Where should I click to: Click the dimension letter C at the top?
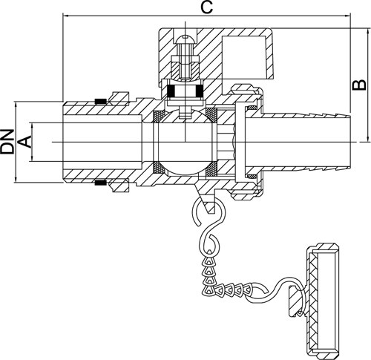pyautogui.click(x=206, y=7)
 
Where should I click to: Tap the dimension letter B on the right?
pyautogui.click(x=359, y=85)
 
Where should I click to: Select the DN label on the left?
pyautogui.click(x=7, y=142)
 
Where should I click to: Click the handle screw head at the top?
pyautogui.click(x=185, y=39)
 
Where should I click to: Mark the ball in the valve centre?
pyautogui.click(x=185, y=142)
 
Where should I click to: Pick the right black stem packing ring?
pyautogui.click(x=200, y=91)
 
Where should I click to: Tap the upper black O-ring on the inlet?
pyautogui.click(x=101, y=101)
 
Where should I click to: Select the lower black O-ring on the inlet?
pyautogui.click(x=101, y=183)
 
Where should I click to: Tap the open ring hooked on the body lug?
pyautogui.click(x=203, y=210)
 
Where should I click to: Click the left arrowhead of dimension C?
pyautogui.click(x=65, y=16)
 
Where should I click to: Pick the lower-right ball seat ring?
pyautogui.click(x=211, y=168)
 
